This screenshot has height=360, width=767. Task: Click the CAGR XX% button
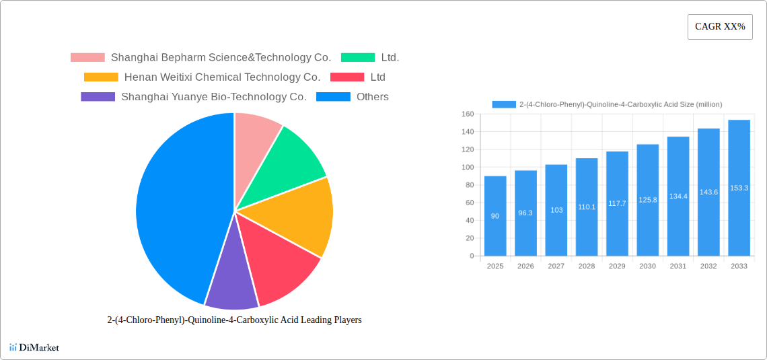point(719,27)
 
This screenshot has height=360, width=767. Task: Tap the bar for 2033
point(739,188)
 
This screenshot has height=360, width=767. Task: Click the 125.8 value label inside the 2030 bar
point(647,200)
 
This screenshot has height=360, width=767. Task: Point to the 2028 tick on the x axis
point(586,266)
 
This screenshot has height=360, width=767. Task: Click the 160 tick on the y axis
point(467,114)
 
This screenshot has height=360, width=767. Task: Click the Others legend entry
point(372,97)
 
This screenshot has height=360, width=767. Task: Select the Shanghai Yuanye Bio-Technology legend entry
point(213,97)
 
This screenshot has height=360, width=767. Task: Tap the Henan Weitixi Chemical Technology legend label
point(222,77)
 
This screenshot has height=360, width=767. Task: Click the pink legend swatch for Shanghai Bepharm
point(87,58)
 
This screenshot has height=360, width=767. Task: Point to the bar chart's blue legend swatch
point(503,104)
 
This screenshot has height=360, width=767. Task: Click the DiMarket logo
point(34,347)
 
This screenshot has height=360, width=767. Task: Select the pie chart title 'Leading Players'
point(234,320)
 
